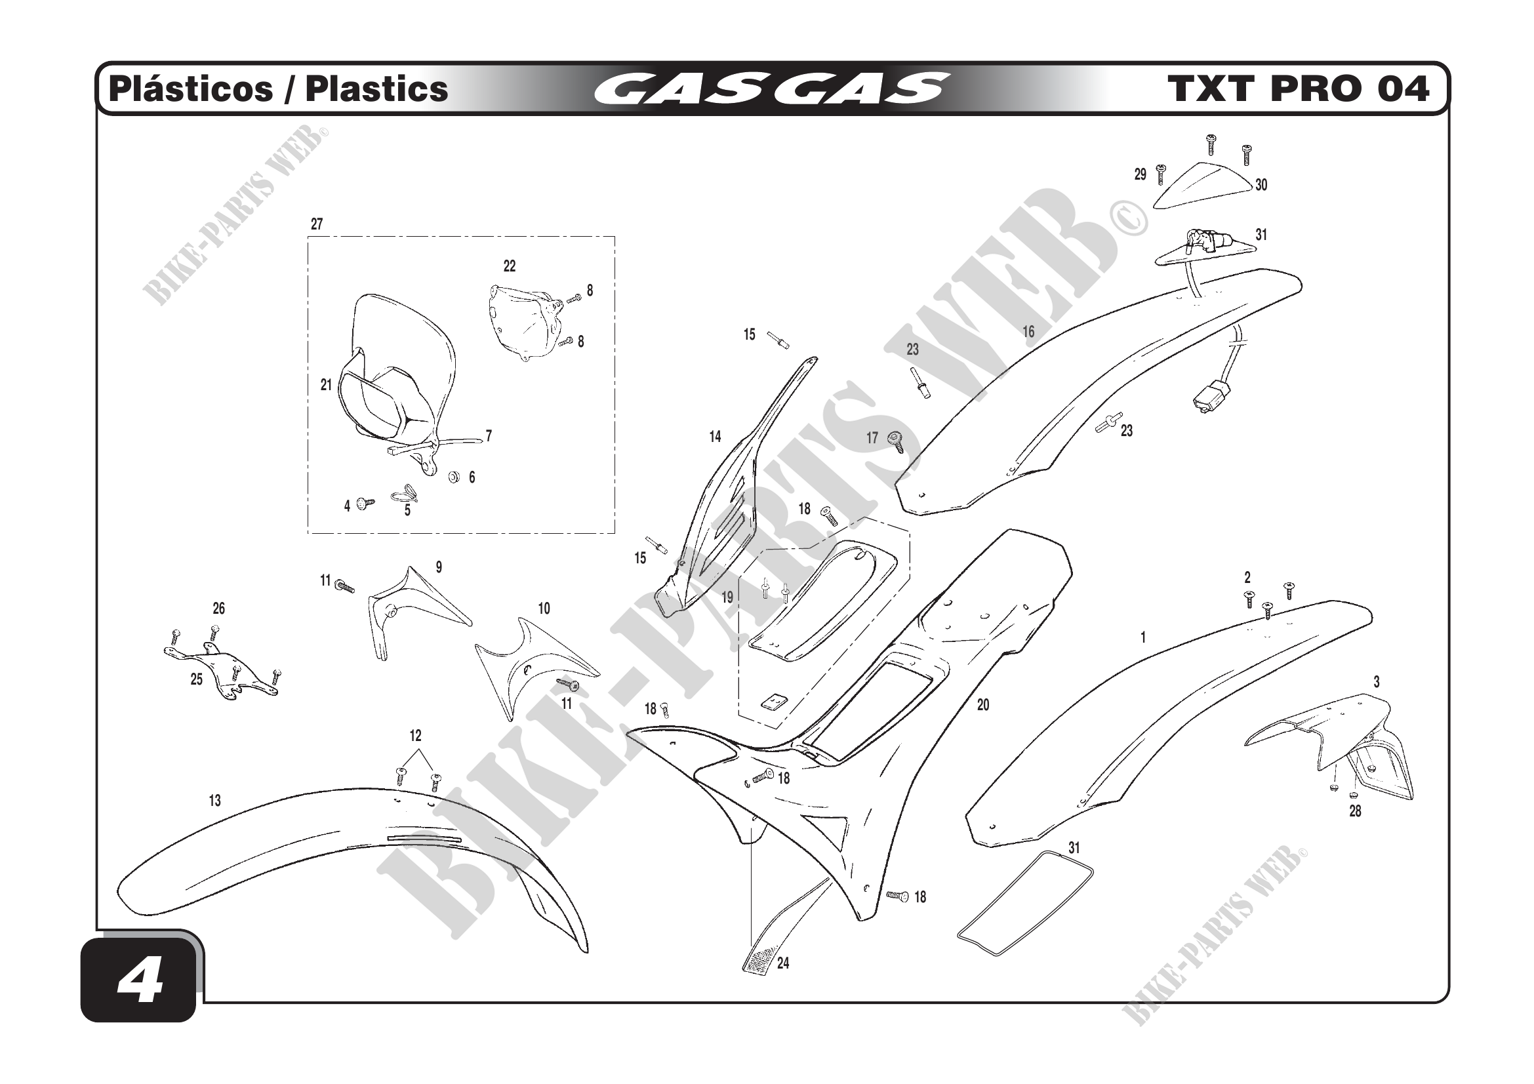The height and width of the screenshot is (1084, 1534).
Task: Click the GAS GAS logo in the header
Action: pos(771,89)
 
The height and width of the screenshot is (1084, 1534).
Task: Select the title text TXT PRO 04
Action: pos(1297,89)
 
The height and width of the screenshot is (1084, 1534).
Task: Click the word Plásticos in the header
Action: pos(191,89)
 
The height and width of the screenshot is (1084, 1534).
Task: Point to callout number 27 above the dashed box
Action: pos(317,224)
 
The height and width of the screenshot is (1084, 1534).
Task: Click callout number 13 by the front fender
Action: pos(214,800)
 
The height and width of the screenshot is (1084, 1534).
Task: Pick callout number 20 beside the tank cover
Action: pos(983,705)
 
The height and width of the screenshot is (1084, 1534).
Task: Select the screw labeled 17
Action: pos(895,441)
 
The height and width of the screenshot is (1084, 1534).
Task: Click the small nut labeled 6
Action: pos(453,476)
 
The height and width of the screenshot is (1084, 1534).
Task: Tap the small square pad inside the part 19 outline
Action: pos(775,701)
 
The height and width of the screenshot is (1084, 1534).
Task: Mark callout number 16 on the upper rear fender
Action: pos(1028,331)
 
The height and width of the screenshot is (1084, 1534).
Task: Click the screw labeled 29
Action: pos(1161,174)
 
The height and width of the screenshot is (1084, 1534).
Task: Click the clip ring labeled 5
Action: pos(405,494)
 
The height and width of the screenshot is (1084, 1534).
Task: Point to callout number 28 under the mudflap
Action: pos(1355,811)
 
